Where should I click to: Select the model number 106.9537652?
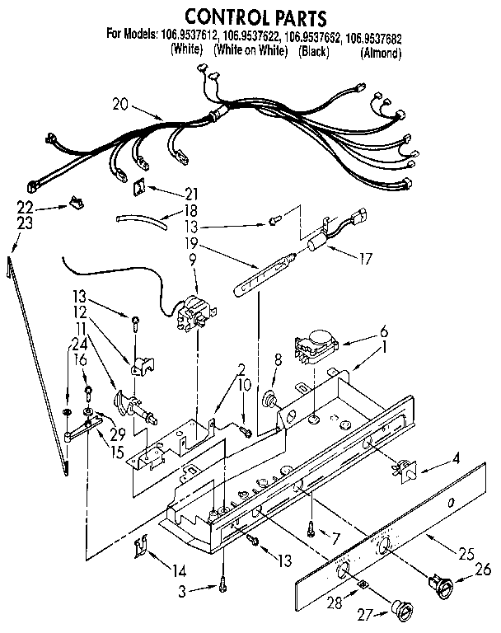point(312,37)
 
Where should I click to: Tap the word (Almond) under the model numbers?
point(381,54)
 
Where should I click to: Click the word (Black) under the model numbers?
point(316,53)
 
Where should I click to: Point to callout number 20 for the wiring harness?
point(121,104)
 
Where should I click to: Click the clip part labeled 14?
point(141,545)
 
